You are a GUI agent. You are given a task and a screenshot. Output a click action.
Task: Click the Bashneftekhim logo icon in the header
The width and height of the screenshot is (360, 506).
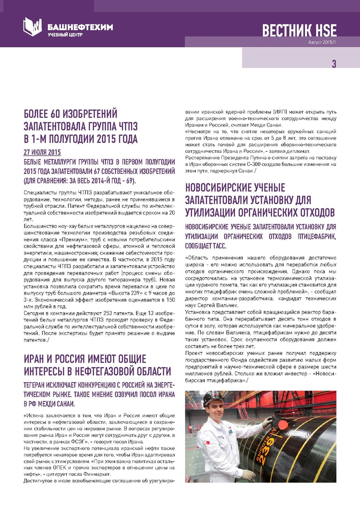click(32, 27)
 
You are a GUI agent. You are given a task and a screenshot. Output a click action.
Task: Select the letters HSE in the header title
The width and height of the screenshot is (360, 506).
click(325, 30)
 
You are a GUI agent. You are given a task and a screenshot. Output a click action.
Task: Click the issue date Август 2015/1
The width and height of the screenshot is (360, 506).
click(321, 42)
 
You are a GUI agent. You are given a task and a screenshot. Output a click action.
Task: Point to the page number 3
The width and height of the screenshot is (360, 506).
click(333, 64)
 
